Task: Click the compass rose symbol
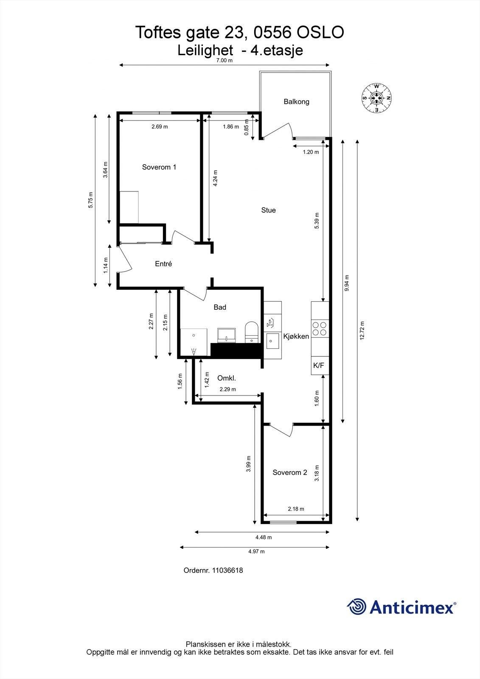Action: coord(376,98)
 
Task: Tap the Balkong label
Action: coord(296,102)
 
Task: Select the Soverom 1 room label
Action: coord(159,167)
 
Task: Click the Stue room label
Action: coord(268,210)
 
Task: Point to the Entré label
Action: coord(163,264)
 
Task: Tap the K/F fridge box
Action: coord(320,365)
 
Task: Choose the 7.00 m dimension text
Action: coord(225,61)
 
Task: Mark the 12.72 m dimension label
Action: coord(361,331)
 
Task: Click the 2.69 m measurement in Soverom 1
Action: coord(160,127)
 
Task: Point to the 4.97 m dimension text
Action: coord(256,552)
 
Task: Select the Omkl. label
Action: coord(226,378)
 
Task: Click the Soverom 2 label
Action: coord(289,473)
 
